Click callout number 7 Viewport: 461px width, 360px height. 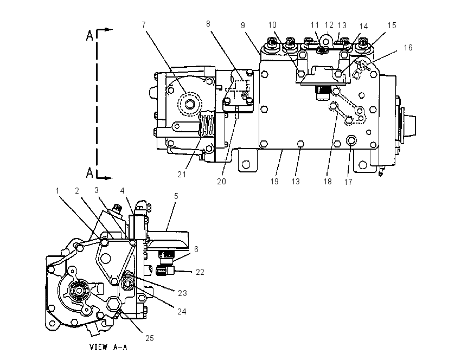144,25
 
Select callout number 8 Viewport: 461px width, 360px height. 208,24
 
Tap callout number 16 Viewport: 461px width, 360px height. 408,48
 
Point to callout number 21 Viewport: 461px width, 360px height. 182,175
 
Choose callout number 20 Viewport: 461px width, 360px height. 221,182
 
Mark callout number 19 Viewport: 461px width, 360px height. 274,182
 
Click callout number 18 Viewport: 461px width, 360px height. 328,182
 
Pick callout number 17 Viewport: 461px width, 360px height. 348,182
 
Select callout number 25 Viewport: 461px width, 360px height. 150,338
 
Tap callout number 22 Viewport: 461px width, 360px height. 200,272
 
